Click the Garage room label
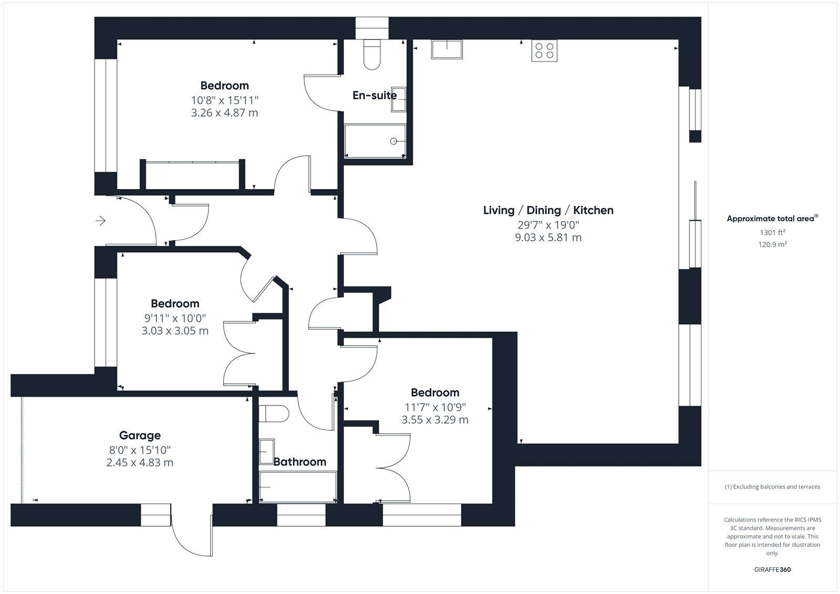click(140, 435)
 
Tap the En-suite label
click(375, 95)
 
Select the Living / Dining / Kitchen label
click(548, 210)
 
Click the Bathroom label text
click(300, 462)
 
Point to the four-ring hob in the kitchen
click(544, 50)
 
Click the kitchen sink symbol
click(447, 49)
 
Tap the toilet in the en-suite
click(372, 55)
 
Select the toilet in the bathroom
click(274, 413)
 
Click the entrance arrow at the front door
click(100, 221)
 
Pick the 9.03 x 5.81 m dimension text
click(548, 237)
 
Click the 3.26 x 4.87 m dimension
click(225, 112)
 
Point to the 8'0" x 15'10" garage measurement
click(140, 450)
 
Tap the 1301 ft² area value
click(772, 233)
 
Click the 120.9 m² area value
click(772, 244)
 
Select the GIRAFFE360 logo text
click(772, 570)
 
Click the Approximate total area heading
click(772, 218)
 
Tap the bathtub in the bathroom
click(298, 487)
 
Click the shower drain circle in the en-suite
click(393, 141)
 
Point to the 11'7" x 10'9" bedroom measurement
click(435, 407)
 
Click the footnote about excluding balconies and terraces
click(772, 487)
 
